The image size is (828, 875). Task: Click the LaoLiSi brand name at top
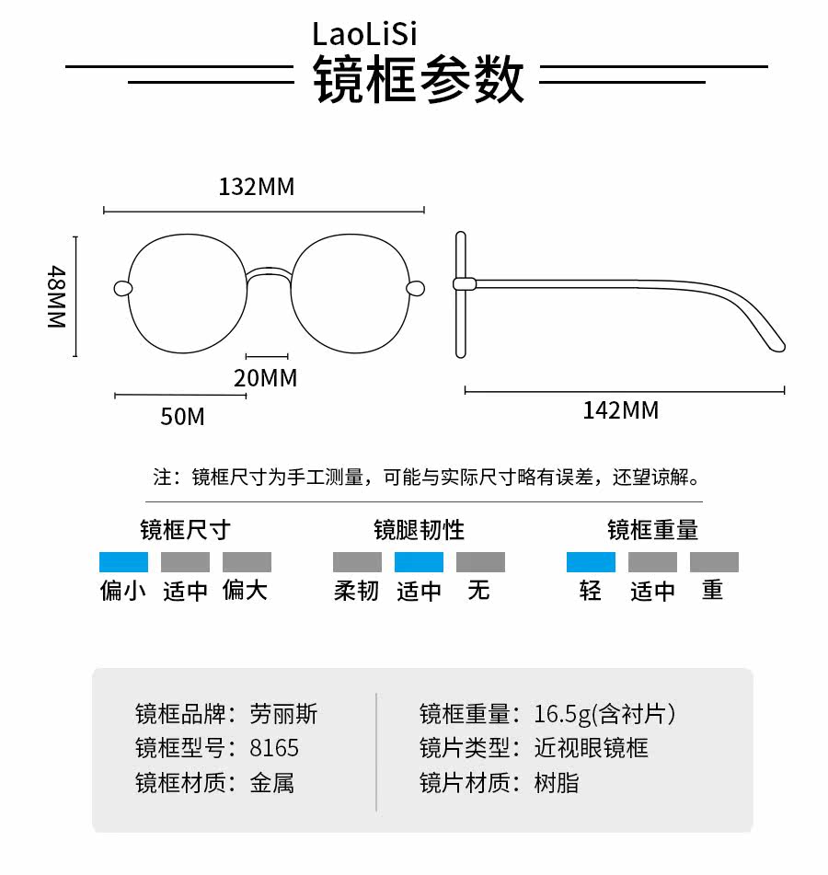(x=364, y=34)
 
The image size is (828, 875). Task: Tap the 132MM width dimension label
(x=257, y=187)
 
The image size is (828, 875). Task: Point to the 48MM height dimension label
(x=57, y=297)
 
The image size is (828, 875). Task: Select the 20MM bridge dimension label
(x=266, y=377)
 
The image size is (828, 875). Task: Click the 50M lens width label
(x=182, y=416)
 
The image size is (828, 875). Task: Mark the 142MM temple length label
(x=621, y=409)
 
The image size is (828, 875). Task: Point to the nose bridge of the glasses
(x=268, y=272)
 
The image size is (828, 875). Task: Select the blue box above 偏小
(x=123, y=562)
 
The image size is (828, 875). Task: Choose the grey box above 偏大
(x=247, y=562)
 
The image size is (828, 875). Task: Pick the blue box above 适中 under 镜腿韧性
(x=419, y=562)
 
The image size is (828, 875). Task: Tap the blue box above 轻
(x=591, y=562)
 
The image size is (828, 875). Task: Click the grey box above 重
(x=714, y=562)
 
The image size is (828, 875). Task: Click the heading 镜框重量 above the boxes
(x=652, y=530)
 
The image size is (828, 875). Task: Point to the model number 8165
(x=274, y=747)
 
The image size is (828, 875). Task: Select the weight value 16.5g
(x=563, y=713)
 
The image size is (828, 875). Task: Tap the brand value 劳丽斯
(x=283, y=713)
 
